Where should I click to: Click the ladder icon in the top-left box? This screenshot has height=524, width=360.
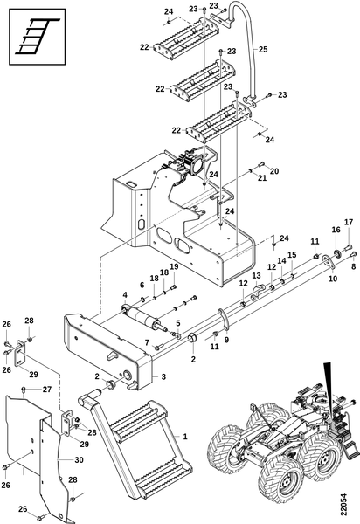(x=38, y=36)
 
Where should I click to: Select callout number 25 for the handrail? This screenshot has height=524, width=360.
(x=263, y=49)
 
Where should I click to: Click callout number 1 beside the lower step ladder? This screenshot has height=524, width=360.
(x=185, y=436)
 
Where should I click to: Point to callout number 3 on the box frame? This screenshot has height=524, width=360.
(x=163, y=376)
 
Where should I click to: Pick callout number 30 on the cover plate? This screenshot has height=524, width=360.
(x=79, y=460)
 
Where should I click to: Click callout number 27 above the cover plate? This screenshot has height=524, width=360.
(x=47, y=390)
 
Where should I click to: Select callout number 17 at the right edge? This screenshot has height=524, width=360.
(x=349, y=222)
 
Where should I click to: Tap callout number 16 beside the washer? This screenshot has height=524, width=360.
(x=336, y=230)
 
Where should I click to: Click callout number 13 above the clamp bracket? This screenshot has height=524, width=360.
(x=256, y=275)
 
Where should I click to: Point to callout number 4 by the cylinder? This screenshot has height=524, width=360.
(x=125, y=295)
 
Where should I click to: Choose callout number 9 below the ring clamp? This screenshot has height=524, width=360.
(x=227, y=341)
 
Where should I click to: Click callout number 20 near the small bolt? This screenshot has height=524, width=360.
(x=274, y=171)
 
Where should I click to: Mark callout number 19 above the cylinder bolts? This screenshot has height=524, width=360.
(x=174, y=266)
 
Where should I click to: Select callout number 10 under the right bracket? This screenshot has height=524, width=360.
(x=333, y=278)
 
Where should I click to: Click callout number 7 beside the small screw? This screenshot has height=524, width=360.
(x=147, y=342)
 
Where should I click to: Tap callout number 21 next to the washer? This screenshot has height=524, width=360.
(x=262, y=178)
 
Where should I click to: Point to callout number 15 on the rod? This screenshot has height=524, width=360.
(x=292, y=255)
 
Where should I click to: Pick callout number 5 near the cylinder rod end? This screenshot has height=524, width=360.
(x=178, y=323)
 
